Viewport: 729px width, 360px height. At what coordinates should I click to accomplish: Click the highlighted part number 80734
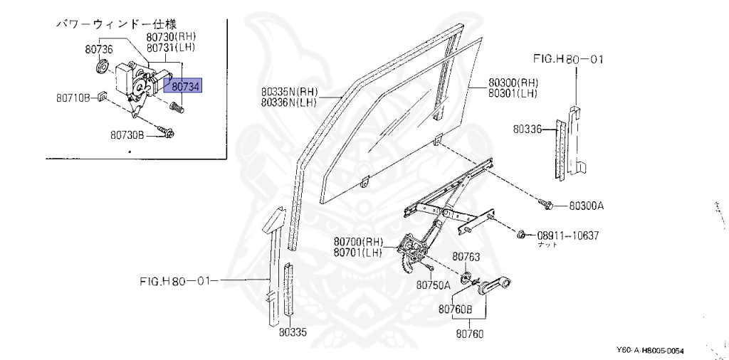click(184, 86)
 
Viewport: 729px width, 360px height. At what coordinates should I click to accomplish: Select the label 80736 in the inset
click(98, 49)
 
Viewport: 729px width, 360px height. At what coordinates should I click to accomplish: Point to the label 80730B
click(127, 134)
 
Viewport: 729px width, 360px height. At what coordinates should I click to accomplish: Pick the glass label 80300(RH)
click(513, 83)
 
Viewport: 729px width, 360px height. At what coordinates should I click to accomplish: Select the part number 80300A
click(586, 206)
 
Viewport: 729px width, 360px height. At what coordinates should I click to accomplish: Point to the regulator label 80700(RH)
click(358, 242)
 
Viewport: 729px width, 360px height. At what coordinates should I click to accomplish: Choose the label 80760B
click(456, 309)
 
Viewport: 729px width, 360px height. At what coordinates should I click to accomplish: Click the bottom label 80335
click(293, 332)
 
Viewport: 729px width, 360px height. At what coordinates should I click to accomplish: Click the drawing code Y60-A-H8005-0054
click(654, 351)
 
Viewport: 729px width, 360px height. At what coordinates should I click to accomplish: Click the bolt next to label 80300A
click(548, 205)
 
